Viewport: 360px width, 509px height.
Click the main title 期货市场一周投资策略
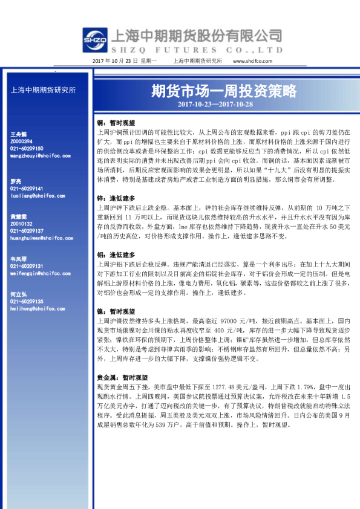pyautogui.click(x=224, y=91)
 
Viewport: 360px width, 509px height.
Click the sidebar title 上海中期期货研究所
pyautogui.click(x=44, y=91)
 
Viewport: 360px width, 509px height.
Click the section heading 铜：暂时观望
pyautogui.click(x=116, y=121)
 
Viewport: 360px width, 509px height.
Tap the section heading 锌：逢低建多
pyautogui.click(x=116, y=198)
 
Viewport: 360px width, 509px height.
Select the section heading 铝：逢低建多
pyautogui.click(x=116, y=255)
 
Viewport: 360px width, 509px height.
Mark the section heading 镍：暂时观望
pyautogui.click(x=116, y=311)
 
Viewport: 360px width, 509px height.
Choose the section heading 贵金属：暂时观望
pyautogui.click(x=120, y=377)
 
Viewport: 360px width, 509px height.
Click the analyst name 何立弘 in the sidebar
pyautogui.click(x=18, y=294)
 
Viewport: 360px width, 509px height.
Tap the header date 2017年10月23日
pyautogui.click(x=117, y=61)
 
